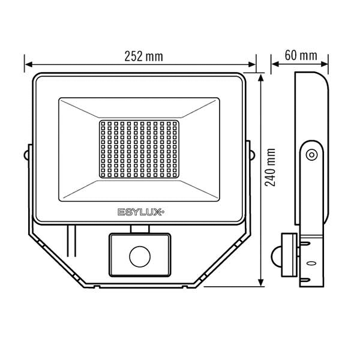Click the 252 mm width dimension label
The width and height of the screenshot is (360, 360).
coord(144,56)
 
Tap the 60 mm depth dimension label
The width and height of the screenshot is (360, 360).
coord(301,55)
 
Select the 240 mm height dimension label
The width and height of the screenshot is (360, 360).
coord(270,167)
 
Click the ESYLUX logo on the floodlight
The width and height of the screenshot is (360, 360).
coord(141,212)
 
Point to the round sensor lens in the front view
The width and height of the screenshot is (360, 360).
coord(140,256)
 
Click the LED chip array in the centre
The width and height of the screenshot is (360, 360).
coord(139,149)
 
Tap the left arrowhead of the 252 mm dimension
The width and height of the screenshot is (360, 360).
coord(28,65)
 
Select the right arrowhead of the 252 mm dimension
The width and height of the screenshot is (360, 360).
coord(252,65)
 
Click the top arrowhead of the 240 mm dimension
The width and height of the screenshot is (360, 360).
coord(260,78)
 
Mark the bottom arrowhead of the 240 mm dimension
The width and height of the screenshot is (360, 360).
coord(260,283)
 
